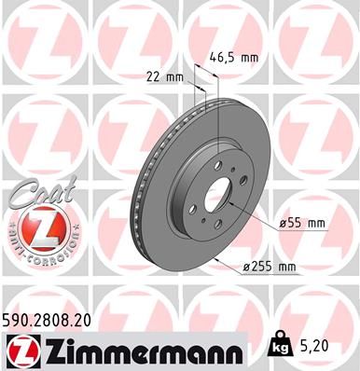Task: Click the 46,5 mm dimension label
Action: [x=231, y=57]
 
